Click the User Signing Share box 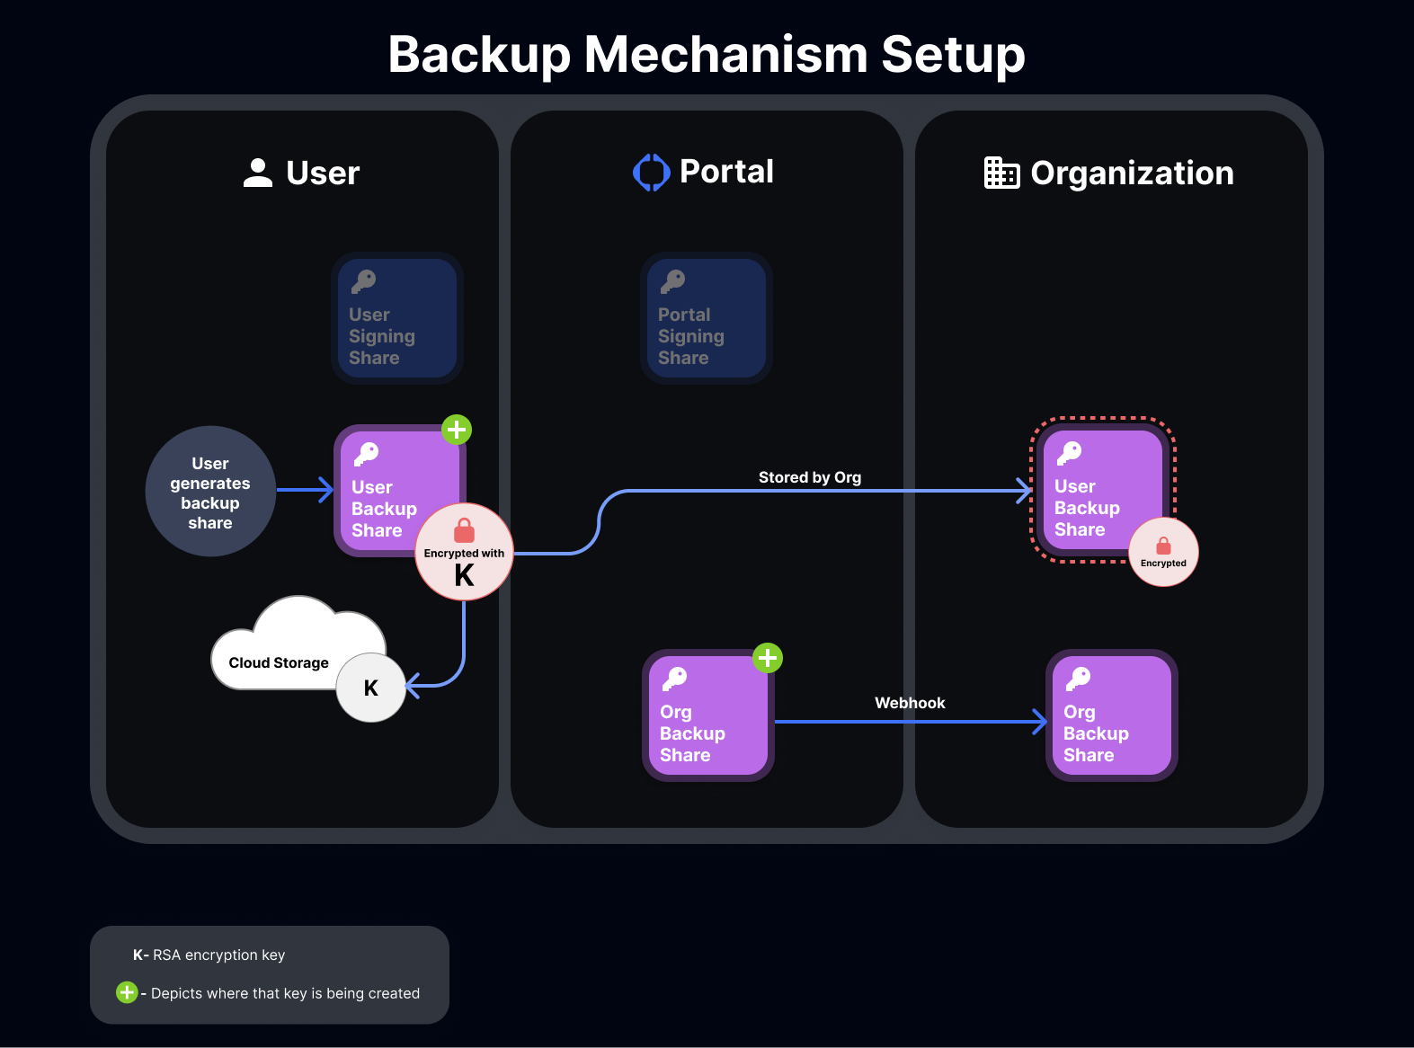[x=397, y=318]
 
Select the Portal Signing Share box [x=707, y=318]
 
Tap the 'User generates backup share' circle [x=210, y=492]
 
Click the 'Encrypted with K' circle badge [x=464, y=552]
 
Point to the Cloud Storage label [x=279, y=663]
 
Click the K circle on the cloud [x=371, y=688]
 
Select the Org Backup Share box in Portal [x=707, y=715]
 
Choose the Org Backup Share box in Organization [x=1112, y=715]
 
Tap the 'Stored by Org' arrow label [x=810, y=477]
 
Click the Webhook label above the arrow [x=910, y=703]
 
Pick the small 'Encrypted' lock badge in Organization [x=1163, y=552]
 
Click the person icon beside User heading [x=258, y=173]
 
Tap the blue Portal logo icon [x=652, y=173]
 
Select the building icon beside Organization [x=1001, y=173]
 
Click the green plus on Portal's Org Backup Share [x=768, y=658]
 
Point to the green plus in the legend [x=127, y=992]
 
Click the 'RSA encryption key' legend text [x=218, y=955]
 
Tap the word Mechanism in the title [x=725, y=54]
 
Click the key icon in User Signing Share [x=364, y=281]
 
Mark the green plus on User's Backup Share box [x=457, y=430]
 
